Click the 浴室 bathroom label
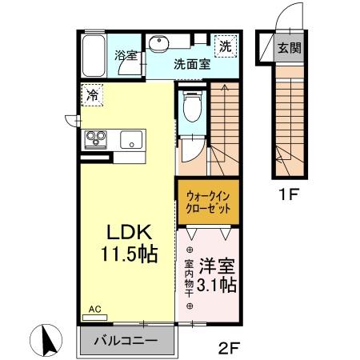126,56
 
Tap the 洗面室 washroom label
192,65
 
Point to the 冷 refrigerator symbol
93,94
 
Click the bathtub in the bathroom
94,55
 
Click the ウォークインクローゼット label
207,200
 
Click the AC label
94,309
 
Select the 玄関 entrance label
289,47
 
